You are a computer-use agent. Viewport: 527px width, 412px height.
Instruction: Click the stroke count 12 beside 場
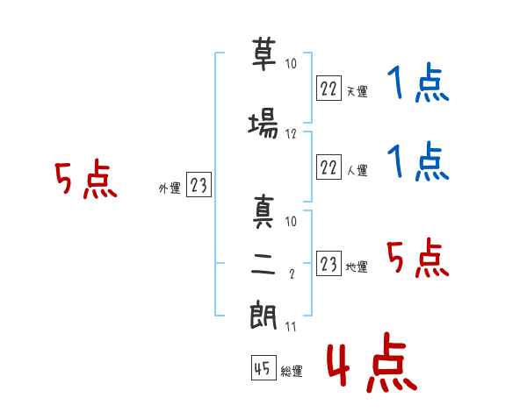coord(292,134)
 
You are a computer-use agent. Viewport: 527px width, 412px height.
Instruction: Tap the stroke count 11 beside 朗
coord(290,327)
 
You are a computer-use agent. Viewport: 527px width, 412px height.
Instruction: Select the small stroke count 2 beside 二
coord(291,274)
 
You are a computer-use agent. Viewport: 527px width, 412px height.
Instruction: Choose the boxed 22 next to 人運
coord(328,167)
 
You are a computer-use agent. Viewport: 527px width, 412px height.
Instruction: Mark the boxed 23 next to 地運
coord(328,264)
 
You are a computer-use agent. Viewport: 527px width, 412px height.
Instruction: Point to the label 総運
coord(292,372)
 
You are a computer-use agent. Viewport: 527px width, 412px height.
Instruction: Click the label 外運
coord(169,188)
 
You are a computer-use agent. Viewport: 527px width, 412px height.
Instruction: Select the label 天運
coord(356,90)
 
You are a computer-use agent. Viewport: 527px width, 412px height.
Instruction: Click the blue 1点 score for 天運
coord(417,85)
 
